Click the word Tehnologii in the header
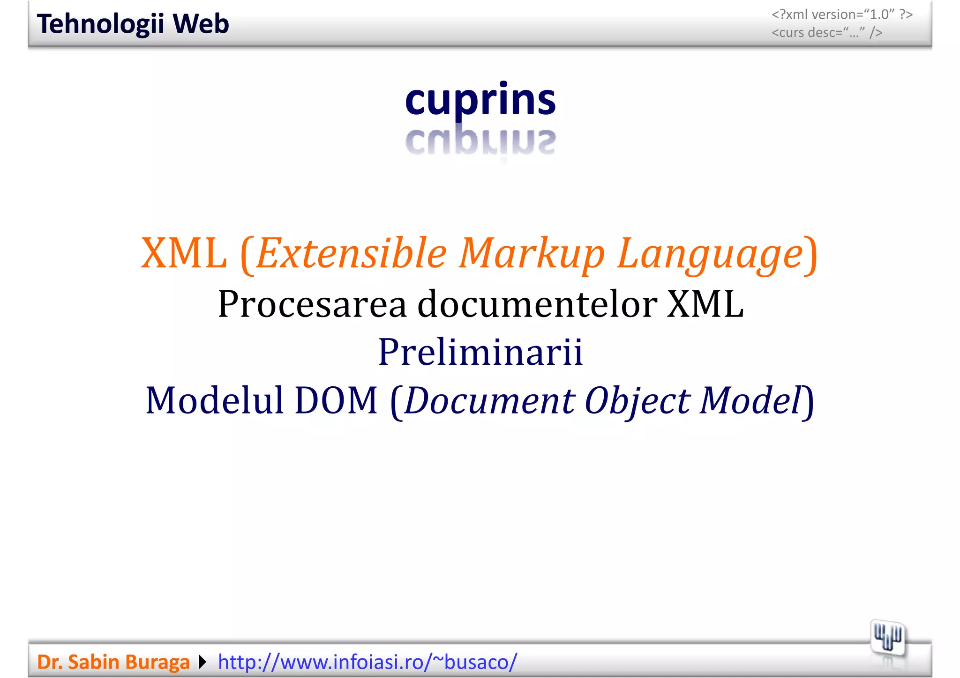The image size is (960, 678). tap(100, 24)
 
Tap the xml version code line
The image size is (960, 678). tap(842, 15)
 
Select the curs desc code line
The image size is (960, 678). tap(827, 33)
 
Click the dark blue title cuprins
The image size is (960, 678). tap(480, 99)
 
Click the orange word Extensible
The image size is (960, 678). tap(352, 253)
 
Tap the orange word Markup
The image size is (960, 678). tap(532, 253)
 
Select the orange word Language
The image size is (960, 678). tap(710, 253)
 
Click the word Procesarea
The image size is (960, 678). tap(312, 304)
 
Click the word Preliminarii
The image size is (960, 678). tap(480, 352)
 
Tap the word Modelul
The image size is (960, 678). tap(215, 400)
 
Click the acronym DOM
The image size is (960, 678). tap(336, 400)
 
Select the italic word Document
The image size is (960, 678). tap(489, 400)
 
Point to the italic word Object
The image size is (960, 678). tap(637, 400)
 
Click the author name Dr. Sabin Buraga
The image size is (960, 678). tap(113, 662)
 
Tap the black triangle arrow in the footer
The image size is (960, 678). tap(202, 662)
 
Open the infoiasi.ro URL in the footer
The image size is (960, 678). tap(367, 662)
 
